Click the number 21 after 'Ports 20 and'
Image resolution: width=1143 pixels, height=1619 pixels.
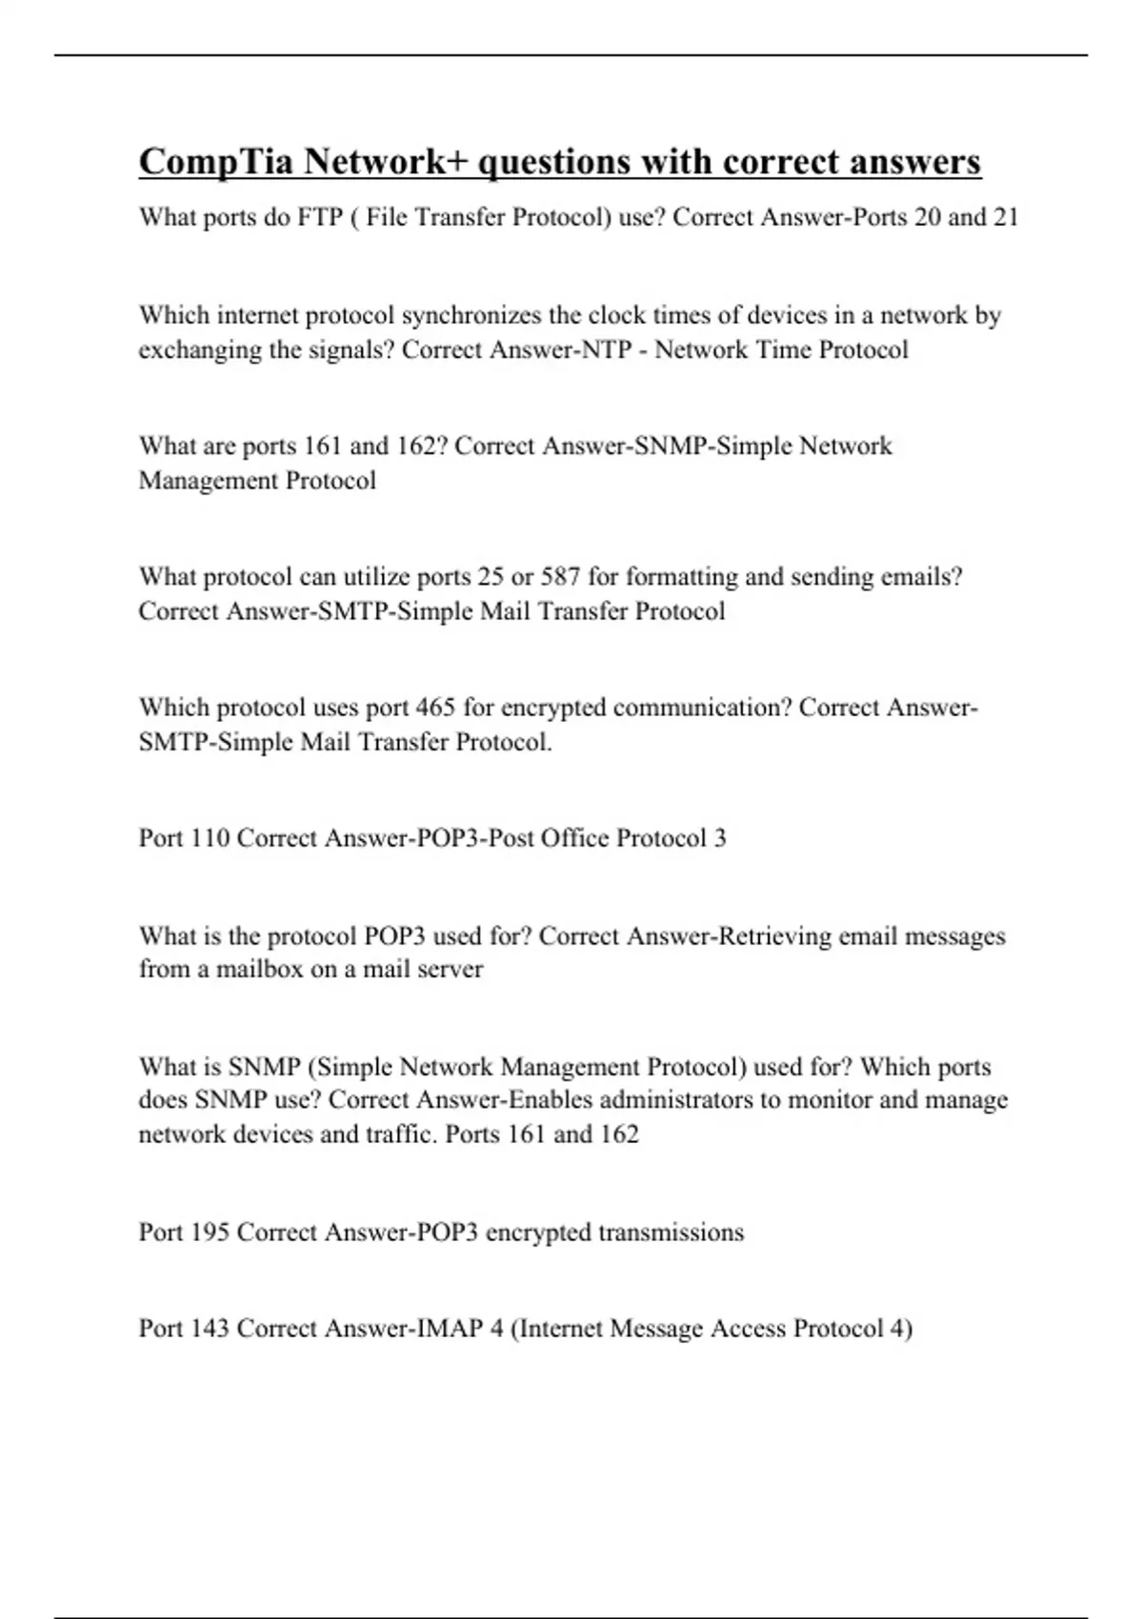tap(1006, 217)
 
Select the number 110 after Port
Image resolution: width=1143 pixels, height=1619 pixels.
tap(210, 838)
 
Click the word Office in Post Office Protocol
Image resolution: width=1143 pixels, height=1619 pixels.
tap(574, 838)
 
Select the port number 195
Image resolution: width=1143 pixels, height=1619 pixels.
tap(210, 1232)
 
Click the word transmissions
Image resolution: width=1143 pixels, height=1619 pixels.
tap(671, 1232)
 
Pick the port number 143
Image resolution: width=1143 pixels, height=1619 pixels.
tap(210, 1329)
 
